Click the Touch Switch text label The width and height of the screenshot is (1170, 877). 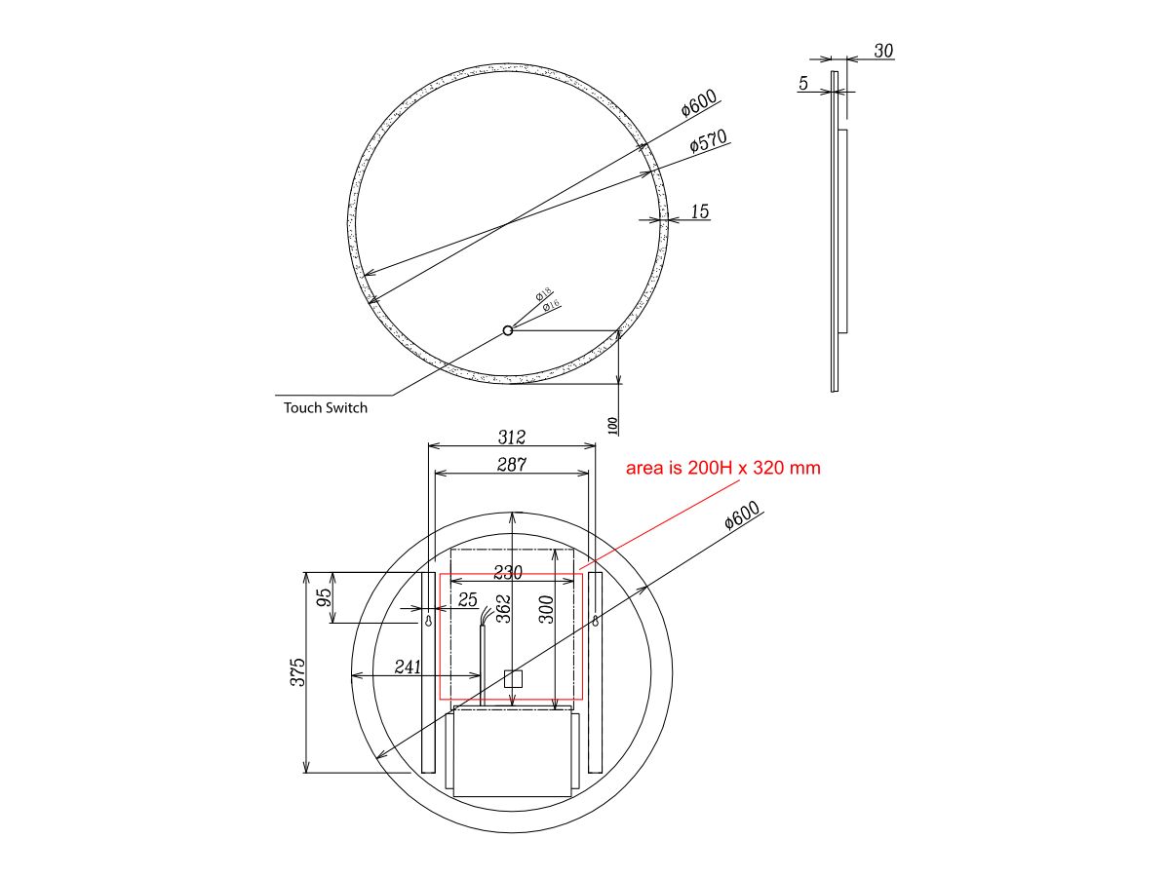pyautogui.click(x=326, y=408)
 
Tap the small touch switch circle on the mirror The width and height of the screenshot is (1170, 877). pyautogui.click(x=508, y=331)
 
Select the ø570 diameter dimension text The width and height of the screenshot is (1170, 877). pyautogui.click(x=708, y=141)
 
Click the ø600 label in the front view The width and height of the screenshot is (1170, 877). pyautogui.click(x=699, y=102)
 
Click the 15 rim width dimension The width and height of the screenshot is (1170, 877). pyautogui.click(x=699, y=211)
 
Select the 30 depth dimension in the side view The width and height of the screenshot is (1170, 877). pyautogui.click(x=883, y=51)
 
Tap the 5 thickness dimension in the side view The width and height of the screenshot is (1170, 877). pyautogui.click(x=803, y=84)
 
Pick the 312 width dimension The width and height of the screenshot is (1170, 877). pyautogui.click(x=511, y=437)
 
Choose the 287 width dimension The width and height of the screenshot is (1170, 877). pyautogui.click(x=511, y=465)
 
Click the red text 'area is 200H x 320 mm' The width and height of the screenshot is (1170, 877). pyautogui.click(x=722, y=469)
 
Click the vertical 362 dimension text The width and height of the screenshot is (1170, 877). pyautogui.click(x=503, y=610)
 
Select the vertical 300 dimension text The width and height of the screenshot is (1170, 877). pyautogui.click(x=546, y=610)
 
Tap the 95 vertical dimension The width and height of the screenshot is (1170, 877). pyautogui.click(x=326, y=596)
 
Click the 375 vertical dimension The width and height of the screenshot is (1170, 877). pyautogui.click(x=298, y=672)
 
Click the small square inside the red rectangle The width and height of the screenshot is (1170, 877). pyautogui.click(x=514, y=678)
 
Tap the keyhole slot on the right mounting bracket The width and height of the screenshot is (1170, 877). pyautogui.click(x=595, y=620)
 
